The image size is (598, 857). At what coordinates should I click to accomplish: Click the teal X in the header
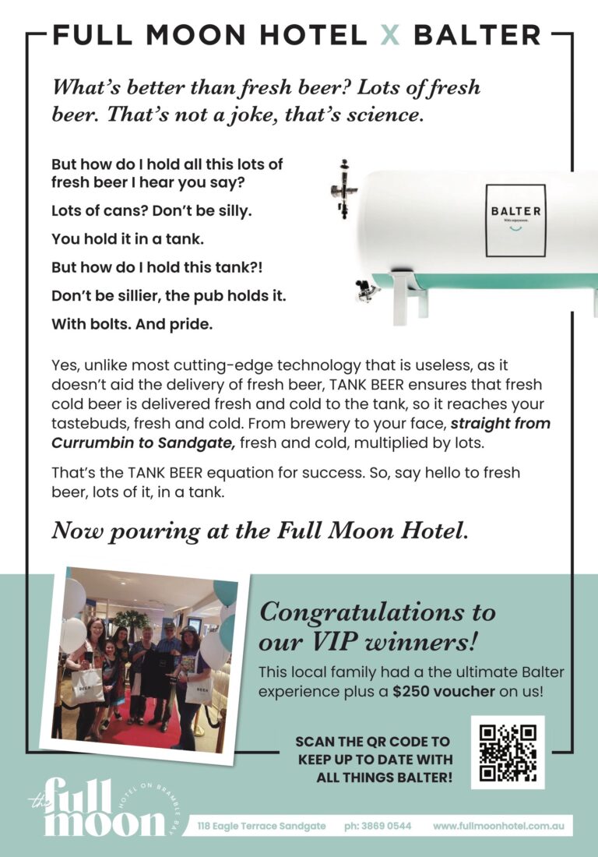point(389,35)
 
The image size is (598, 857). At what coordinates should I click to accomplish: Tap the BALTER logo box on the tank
point(515,220)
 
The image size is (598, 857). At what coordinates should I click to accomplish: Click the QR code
point(508,753)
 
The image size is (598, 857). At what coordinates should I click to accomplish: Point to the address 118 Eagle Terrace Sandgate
point(262,826)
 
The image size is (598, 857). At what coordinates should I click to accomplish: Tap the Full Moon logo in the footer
point(97,806)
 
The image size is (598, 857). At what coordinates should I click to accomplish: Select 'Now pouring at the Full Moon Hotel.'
point(260,531)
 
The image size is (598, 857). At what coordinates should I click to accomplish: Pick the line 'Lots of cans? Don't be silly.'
point(152,210)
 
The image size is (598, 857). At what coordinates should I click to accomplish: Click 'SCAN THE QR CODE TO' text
point(372,741)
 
